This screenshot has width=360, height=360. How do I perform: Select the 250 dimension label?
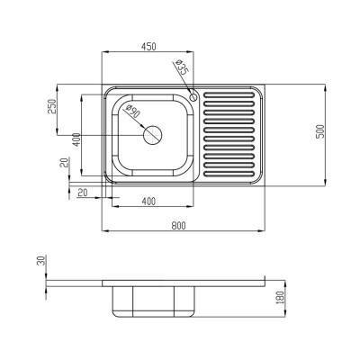coord(51,106)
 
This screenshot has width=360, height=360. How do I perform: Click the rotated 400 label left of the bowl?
coord(77,140)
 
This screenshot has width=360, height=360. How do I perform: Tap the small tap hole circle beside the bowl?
coord(193,96)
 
